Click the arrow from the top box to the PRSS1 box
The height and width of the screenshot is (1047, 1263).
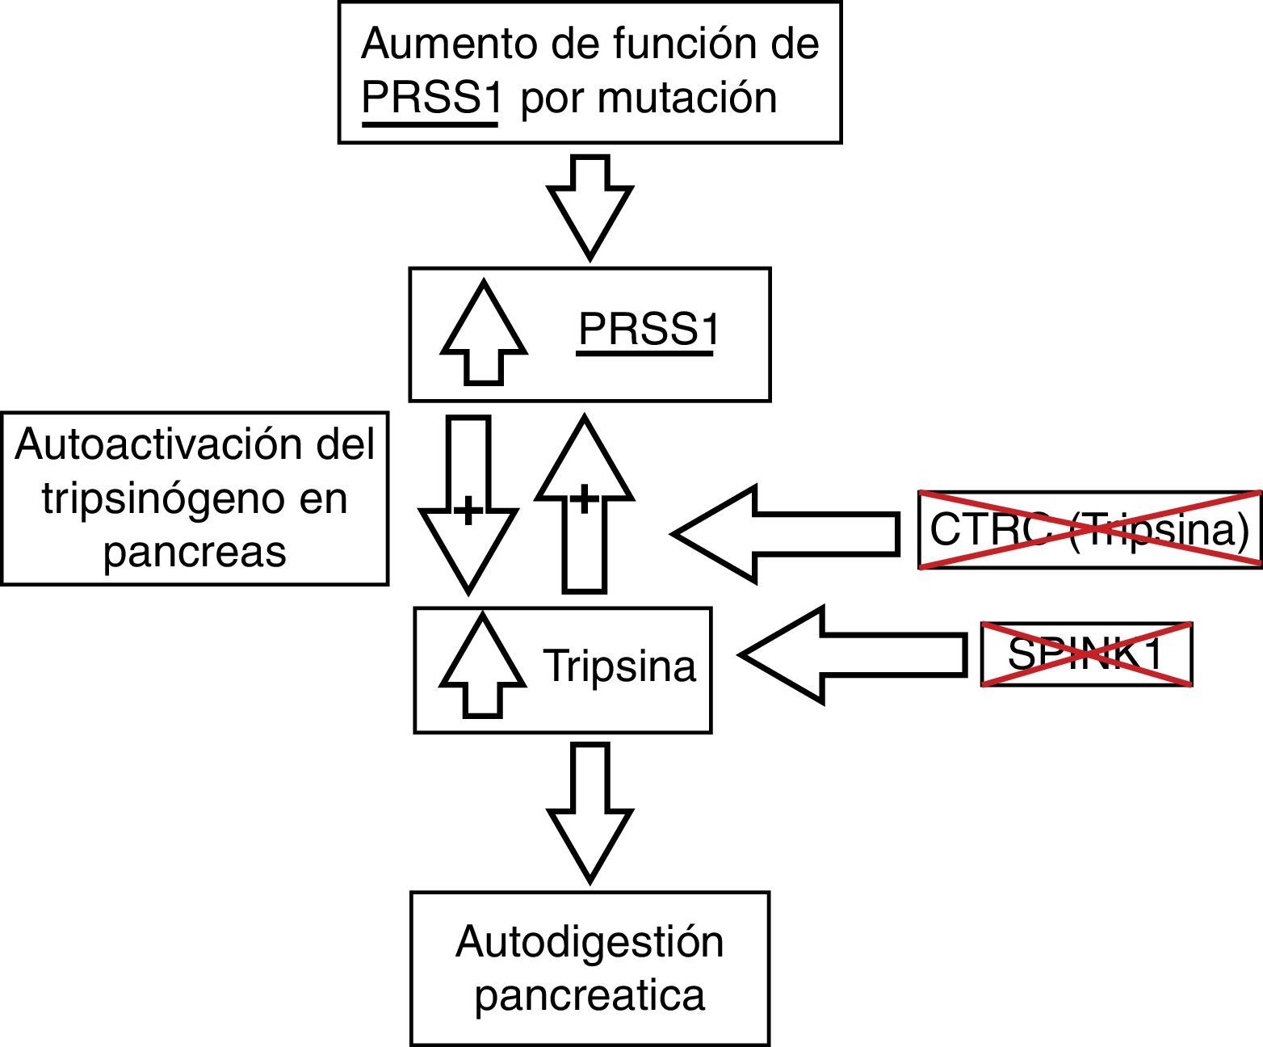tap(590, 205)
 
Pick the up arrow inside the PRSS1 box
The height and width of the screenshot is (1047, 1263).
tap(484, 333)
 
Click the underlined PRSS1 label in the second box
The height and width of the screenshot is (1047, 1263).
tap(646, 330)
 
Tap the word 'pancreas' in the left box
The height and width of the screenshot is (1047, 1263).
tap(195, 553)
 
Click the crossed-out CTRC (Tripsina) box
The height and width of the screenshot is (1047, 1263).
tap(1089, 530)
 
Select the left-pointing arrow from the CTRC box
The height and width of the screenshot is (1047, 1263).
tap(787, 533)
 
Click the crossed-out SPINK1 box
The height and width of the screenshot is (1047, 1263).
tap(1086, 654)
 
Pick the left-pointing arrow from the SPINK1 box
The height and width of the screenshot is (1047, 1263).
tap(853, 655)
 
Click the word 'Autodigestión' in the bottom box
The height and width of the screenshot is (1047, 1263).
tap(590, 942)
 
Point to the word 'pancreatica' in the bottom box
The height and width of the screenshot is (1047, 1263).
tap(590, 995)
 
